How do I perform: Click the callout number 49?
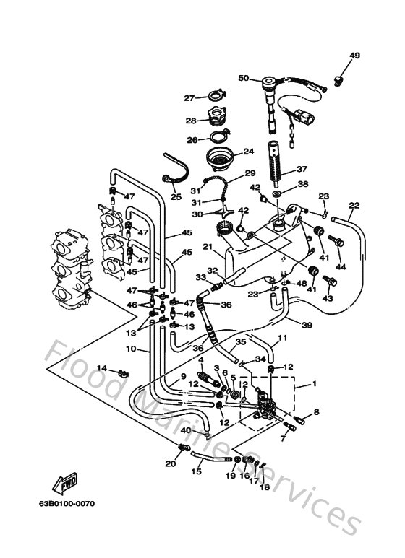(x=354, y=56)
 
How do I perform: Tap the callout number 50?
(x=243, y=78)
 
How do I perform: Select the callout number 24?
(x=248, y=152)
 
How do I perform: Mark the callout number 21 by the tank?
(x=206, y=248)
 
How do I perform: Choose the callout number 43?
(x=328, y=298)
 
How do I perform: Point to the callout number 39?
(x=307, y=326)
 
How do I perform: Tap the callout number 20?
(x=170, y=463)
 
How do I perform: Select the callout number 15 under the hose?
(x=196, y=472)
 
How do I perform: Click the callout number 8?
(x=315, y=412)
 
